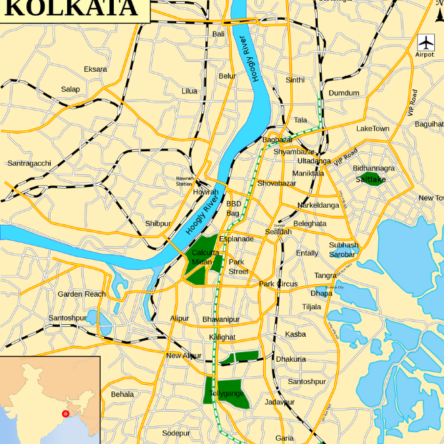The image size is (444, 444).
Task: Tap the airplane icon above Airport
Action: coord(426,42)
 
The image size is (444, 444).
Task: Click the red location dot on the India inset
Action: coord(64,413)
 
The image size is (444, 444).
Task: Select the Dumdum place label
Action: coord(344,93)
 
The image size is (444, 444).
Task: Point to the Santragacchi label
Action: coord(29,163)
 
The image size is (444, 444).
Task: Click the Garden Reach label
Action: coord(82,294)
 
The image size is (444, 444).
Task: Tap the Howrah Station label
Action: coord(184,181)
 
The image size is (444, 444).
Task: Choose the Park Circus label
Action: coord(278,284)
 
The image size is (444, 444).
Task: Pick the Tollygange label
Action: coord(227,393)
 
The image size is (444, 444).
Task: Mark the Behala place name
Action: coord(122,394)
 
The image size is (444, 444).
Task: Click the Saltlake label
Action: coord(371,179)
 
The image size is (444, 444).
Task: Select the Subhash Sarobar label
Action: coord(343,249)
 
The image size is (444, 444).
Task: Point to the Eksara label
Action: coord(95,69)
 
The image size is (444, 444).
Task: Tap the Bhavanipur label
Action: coord(221,319)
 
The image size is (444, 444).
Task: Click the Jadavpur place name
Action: coord(280,402)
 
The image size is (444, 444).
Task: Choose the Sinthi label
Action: coord(295,80)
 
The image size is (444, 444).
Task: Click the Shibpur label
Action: coord(158,224)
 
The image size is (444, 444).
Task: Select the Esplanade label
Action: coord(236,238)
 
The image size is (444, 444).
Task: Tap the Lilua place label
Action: coord(189,91)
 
